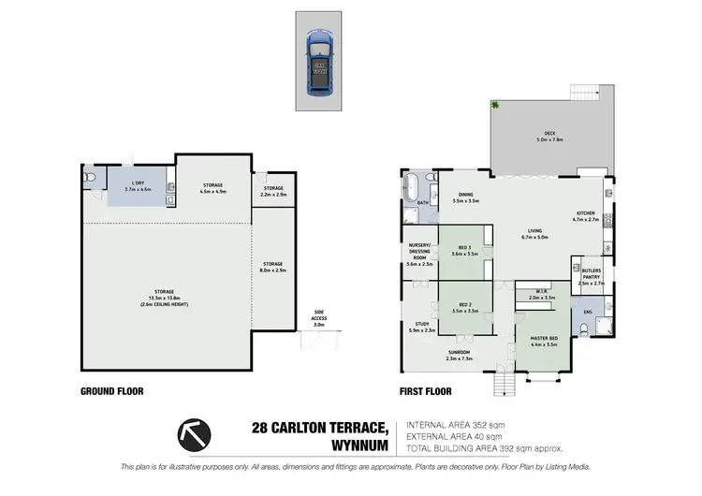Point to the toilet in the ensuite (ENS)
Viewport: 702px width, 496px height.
585,327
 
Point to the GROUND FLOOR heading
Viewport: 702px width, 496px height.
112,390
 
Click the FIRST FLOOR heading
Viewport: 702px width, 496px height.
426,390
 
